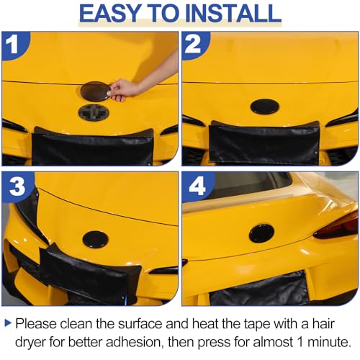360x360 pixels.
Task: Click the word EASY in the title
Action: click(x=109, y=14)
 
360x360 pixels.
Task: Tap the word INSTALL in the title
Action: click(x=233, y=14)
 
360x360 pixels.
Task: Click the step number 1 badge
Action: click(x=14, y=45)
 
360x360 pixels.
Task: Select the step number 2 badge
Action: click(x=194, y=45)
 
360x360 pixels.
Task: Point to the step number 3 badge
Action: click(x=16, y=186)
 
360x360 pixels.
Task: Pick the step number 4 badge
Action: click(x=197, y=186)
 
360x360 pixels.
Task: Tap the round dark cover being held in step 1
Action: click(x=95, y=91)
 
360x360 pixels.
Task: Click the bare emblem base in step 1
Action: click(x=94, y=112)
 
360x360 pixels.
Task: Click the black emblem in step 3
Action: click(x=95, y=240)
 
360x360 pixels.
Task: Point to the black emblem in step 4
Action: click(x=261, y=233)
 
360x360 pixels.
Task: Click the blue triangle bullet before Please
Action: click(x=8, y=323)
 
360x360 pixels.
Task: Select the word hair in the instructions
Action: click(x=323, y=323)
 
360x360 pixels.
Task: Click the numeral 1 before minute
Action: click(x=300, y=341)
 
